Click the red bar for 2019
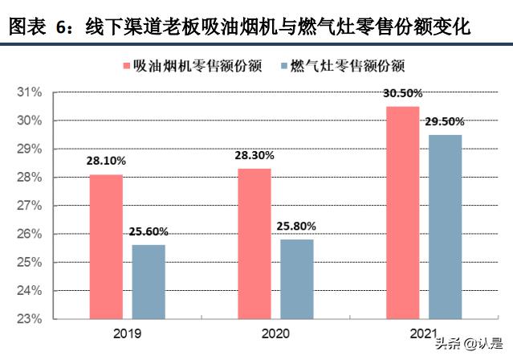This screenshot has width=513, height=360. (106, 246)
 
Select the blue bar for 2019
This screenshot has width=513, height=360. (149, 281)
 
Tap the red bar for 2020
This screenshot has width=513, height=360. (254, 243)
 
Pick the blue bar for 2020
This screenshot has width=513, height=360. (296, 279)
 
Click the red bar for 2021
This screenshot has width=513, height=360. (401, 212)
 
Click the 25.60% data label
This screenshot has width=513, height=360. (149, 231)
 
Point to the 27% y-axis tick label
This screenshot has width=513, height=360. (30, 206)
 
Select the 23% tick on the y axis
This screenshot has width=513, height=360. (30, 319)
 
